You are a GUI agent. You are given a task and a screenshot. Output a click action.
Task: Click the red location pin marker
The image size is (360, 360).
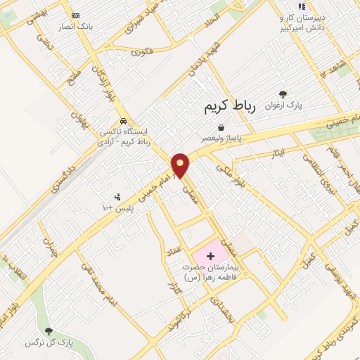pos(181,165)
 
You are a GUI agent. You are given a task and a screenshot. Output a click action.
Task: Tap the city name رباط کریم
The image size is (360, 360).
pos(228,108)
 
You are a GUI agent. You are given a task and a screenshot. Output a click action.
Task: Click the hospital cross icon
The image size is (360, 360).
pos(210,255)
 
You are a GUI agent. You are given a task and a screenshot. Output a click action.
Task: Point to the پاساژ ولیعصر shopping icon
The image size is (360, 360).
pos(221,128)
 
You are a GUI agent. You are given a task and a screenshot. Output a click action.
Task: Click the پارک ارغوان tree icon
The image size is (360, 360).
pos(283,94)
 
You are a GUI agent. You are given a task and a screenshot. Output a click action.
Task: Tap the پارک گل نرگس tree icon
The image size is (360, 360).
pos(49,331)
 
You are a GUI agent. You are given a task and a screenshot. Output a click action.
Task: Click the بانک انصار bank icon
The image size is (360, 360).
pos(76,15)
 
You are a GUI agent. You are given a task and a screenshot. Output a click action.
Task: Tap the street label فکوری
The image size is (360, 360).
pos(141,50)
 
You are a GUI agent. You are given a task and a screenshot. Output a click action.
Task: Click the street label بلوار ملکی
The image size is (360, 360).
pos(230,174)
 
